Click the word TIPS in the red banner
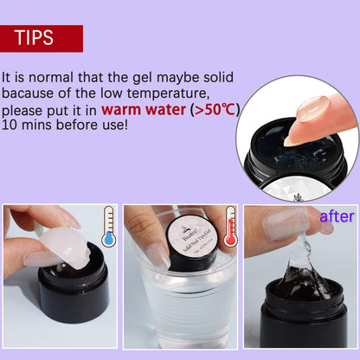(35, 39)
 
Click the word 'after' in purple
(337, 216)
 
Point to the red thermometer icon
(230, 227)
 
